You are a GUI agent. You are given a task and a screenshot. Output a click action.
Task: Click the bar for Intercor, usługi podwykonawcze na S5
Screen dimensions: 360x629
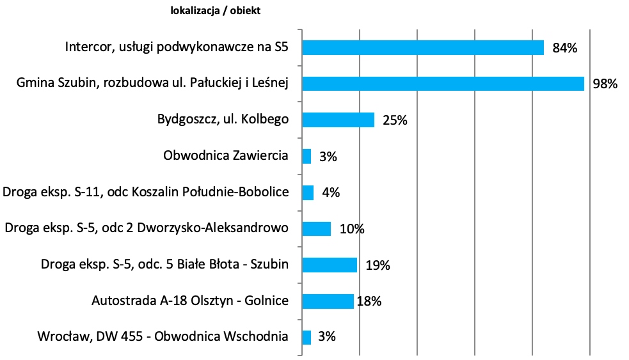pyautogui.click(x=422, y=48)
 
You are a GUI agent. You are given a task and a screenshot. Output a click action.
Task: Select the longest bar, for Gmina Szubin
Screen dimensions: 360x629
pyautogui.click(x=443, y=84)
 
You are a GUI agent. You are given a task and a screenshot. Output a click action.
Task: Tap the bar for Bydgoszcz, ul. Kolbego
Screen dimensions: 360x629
pyautogui.click(x=338, y=120)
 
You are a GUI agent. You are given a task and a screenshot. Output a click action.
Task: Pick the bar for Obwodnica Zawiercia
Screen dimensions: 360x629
pyautogui.click(x=307, y=156)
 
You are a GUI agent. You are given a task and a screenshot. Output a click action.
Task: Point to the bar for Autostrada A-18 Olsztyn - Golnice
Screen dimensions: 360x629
pyautogui.click(x=328, y=301)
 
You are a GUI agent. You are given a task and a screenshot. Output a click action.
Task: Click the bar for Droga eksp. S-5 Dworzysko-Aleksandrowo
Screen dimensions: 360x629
pyautogui.click(x=316, y=229)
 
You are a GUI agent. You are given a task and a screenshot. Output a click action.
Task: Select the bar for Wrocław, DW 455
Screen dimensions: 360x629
pyautogui.click(x=307, y=337)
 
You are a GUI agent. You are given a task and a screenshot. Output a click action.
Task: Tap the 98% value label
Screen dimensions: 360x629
pyautogui.click(x=605, y=84)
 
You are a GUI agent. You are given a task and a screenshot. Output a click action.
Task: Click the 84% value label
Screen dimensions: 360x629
pyautogui.click(x=565, y=48)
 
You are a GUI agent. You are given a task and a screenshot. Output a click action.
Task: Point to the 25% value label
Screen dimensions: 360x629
pyautogui.click(x=395, y=120)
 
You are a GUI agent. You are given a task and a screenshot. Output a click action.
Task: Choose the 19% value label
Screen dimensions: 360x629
pyautogui.click(x=378, y=265)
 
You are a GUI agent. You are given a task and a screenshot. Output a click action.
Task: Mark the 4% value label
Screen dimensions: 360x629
pyautogui.click(x=331, y=192)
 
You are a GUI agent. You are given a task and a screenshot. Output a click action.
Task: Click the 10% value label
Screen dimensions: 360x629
pyautogui.click(x=352, y=229)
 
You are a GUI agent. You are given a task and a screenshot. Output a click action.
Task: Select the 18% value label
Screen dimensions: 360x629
pyautogui.click(x=369, y=301)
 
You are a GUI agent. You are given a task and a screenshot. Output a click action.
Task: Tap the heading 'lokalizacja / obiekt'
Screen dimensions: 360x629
pyautogui.click(x=216, y=10)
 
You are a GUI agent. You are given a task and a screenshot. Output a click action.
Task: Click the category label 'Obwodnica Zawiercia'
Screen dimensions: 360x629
pyautogui.click(x=226, y=156)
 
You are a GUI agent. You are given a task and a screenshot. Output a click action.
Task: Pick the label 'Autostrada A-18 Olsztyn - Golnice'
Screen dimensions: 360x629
pyautogui.click(x=190, y=301)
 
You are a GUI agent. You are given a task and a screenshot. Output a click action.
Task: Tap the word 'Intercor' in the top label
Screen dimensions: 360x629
pyautogui.click(x=89, y=48)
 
